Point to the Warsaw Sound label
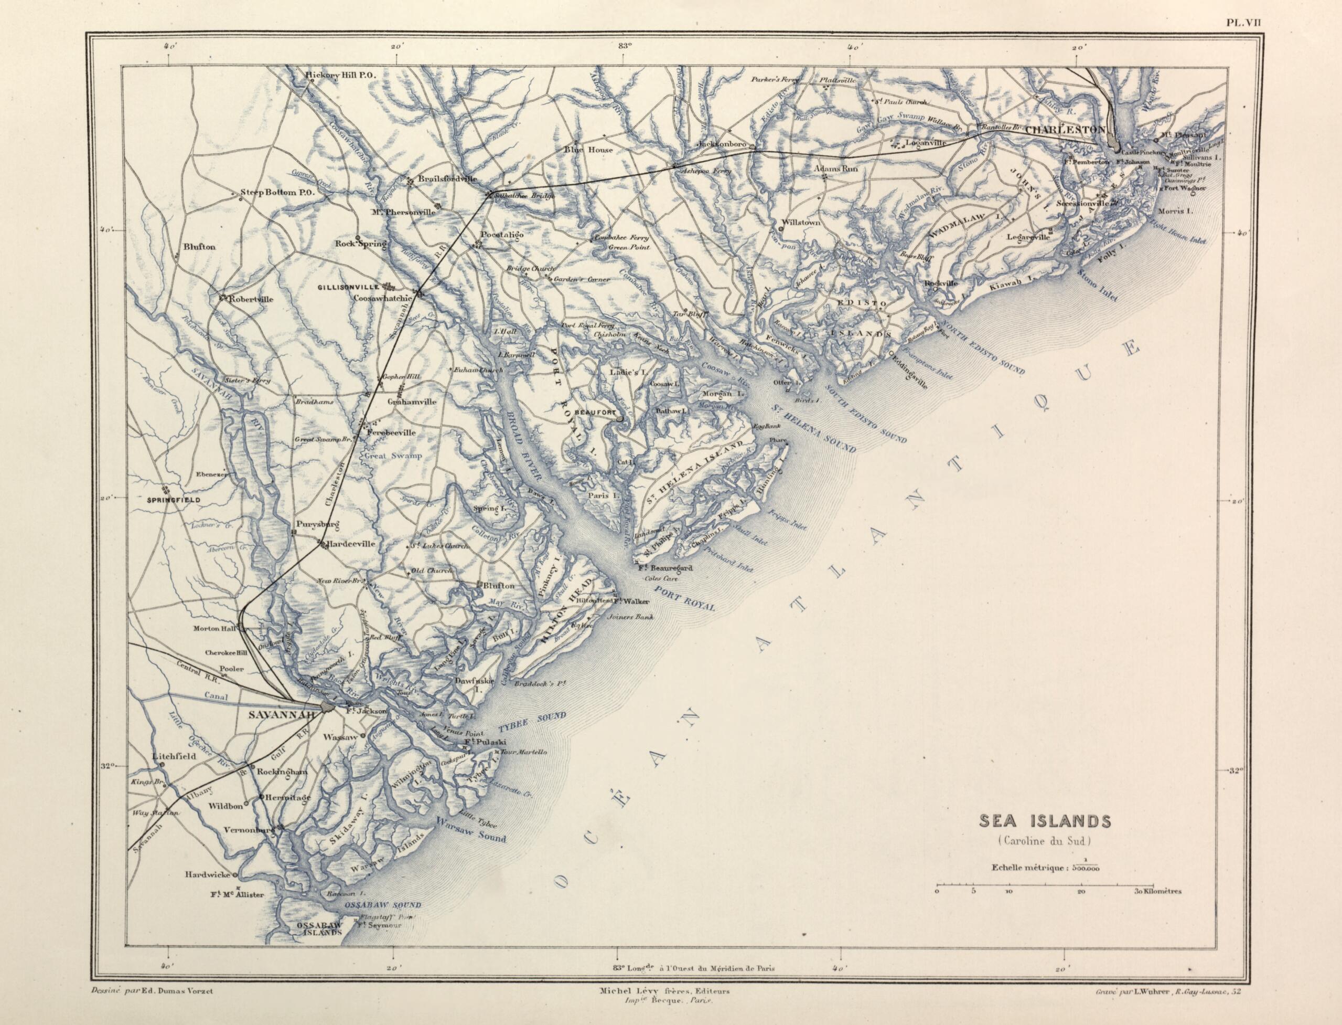coord(472,837)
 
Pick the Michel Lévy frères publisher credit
coord(664,992)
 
